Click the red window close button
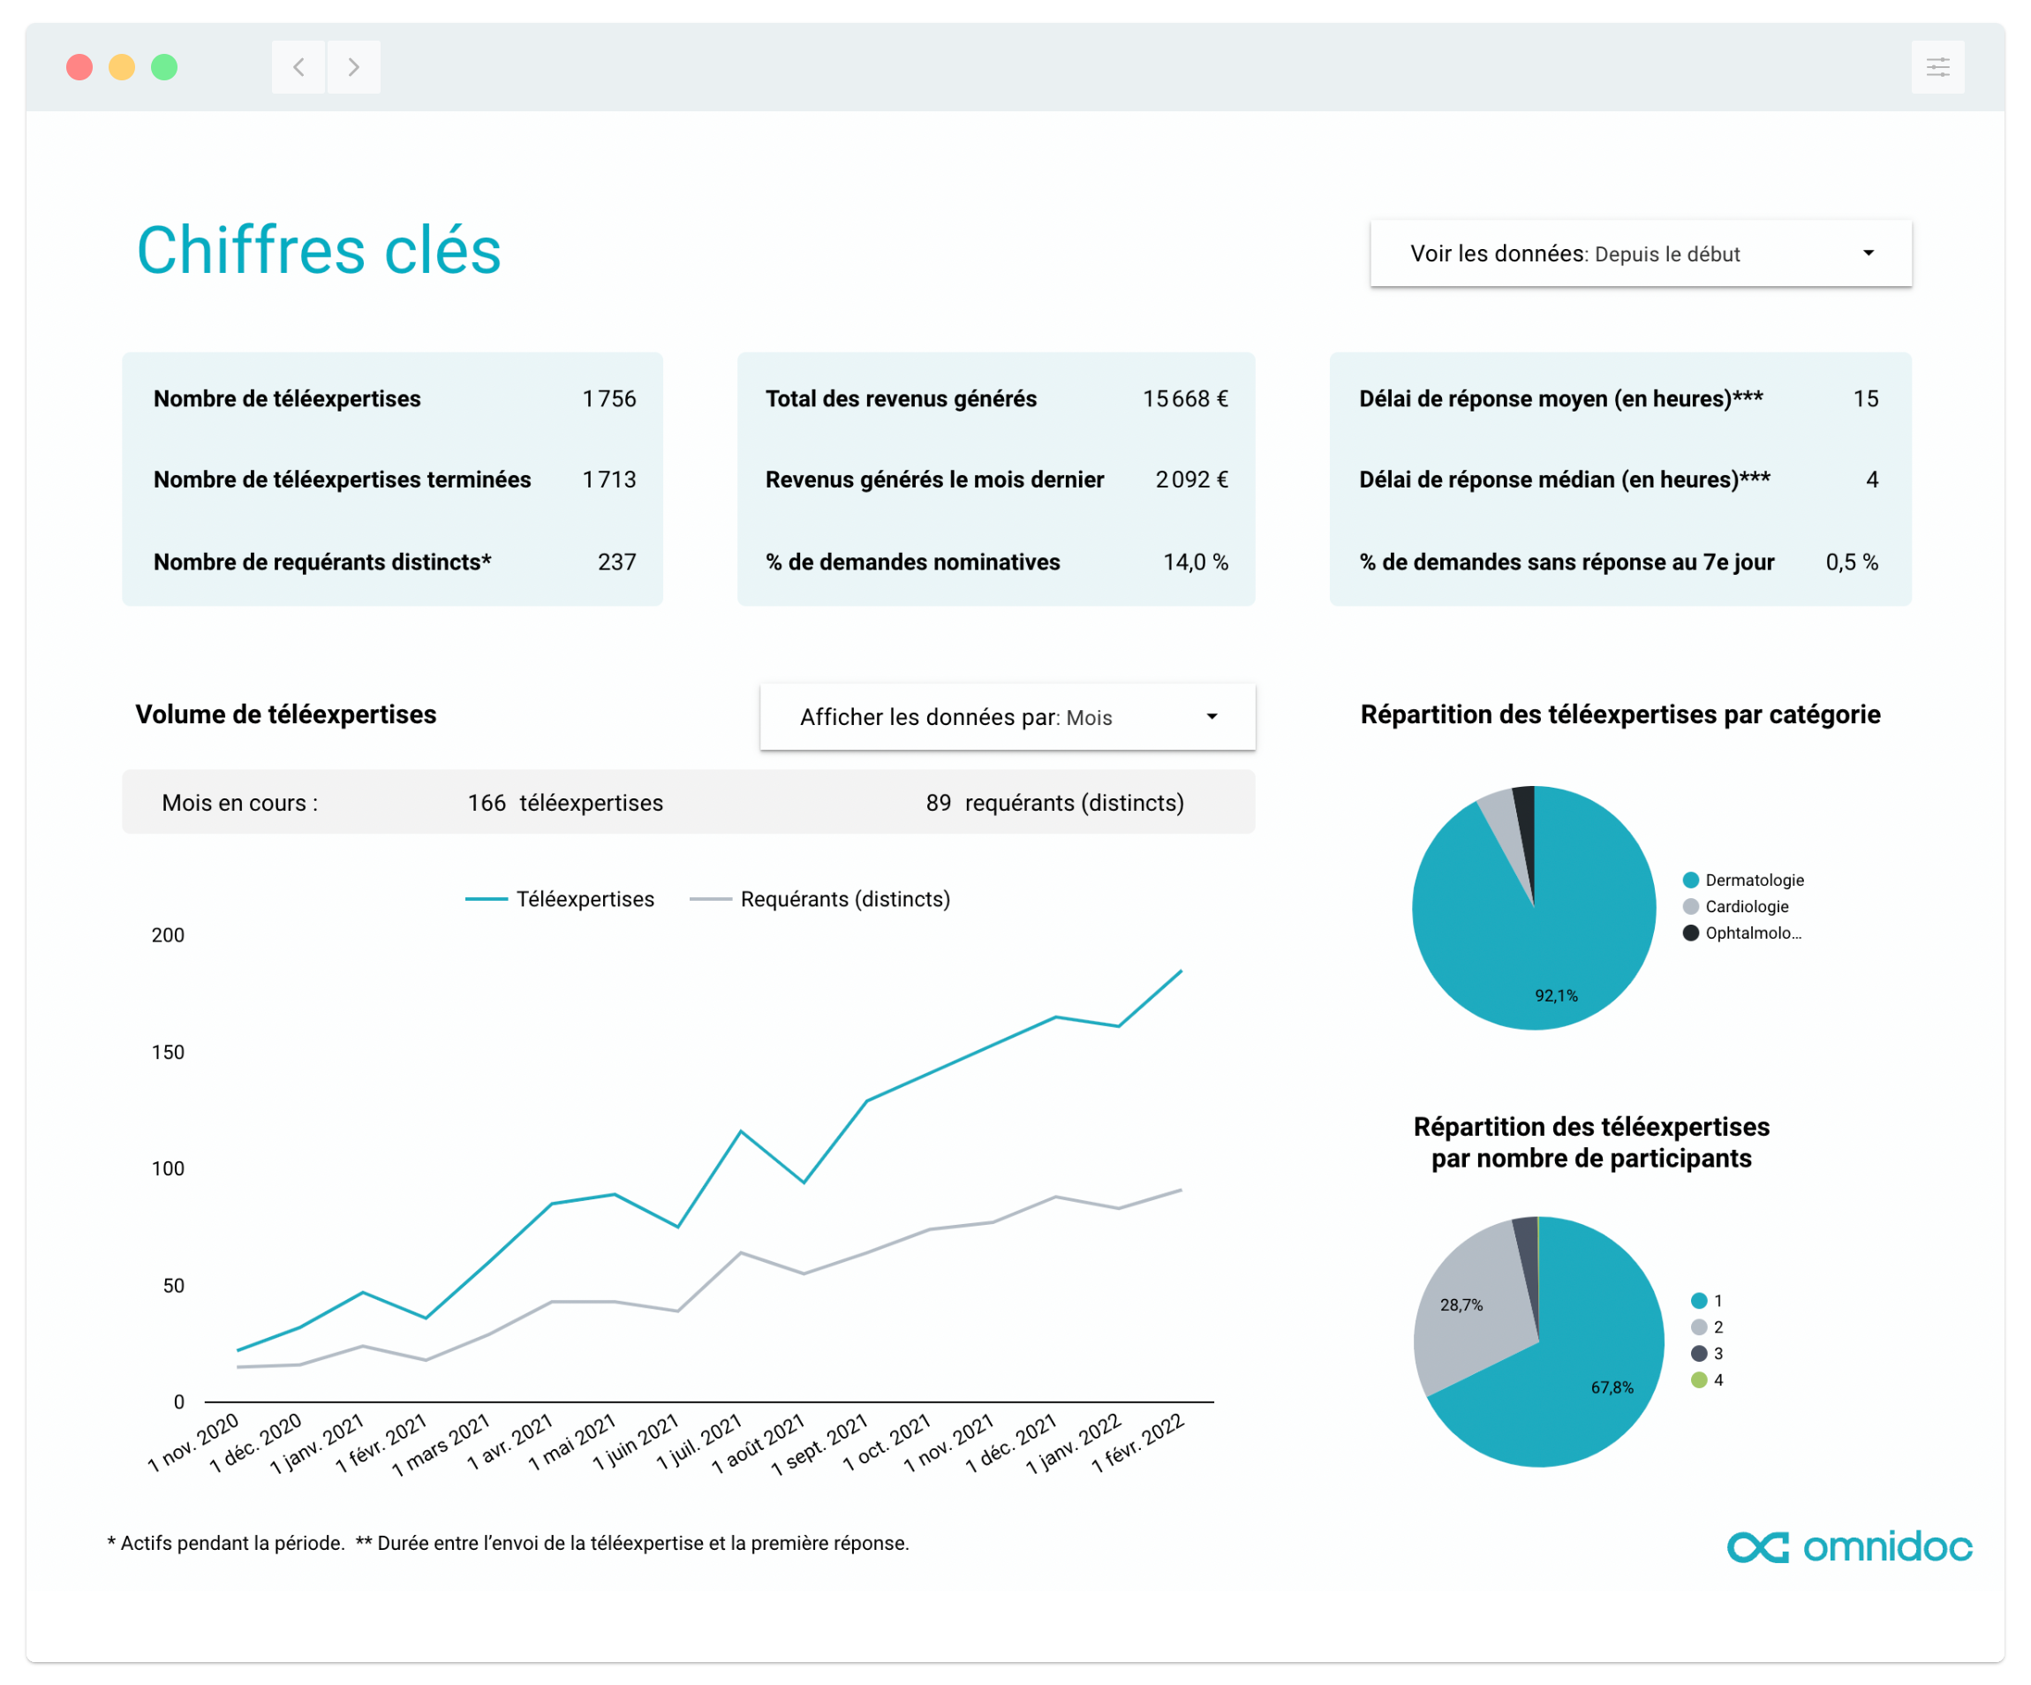tap(79, 68)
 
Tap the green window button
tap(164, 68)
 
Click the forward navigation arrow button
tap(354, 68)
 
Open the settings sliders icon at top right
tap(1937, 68)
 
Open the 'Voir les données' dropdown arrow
tap(1868, 253)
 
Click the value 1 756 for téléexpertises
tap(608, 398)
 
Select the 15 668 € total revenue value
tap(1185, 398)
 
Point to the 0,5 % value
tap(1851, 562)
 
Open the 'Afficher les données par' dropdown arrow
tap(1212, 717)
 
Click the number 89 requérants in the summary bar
tap(938, 803)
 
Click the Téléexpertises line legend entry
tap(560, 900)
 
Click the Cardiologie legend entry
tap(1746, 906)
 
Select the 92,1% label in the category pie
tap(1555, 995)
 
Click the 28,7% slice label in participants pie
tap(1461, 1305)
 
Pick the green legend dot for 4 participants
tap(1698, 1380)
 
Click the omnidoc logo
tap(1848, 1546)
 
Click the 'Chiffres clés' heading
tap(318, 251)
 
